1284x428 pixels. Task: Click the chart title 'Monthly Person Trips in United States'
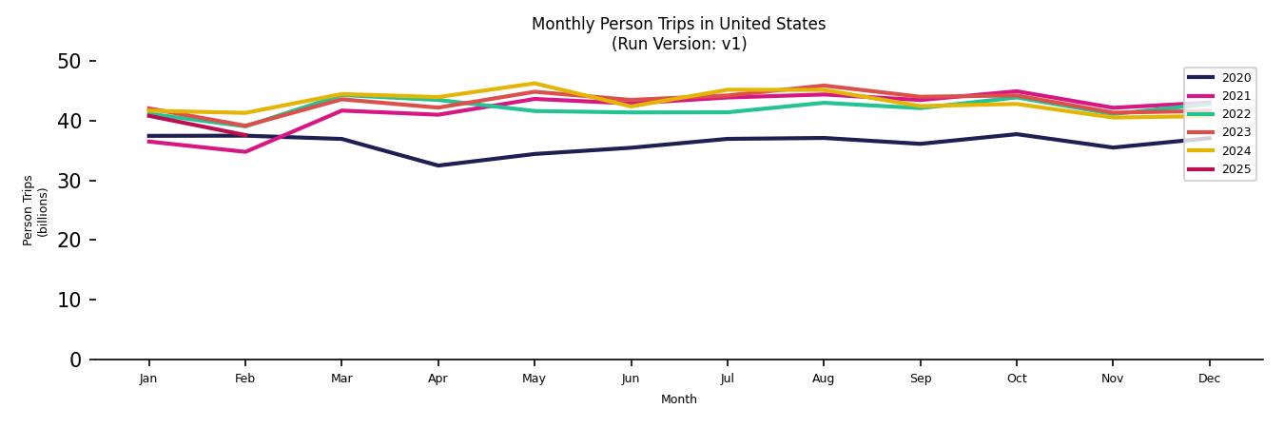click(x=678, y=24)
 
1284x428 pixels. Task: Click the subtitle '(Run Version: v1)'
click(x=678, y=44)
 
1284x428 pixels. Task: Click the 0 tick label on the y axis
click(x=76, y=360)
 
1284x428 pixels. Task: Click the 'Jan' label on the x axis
click(x=148, y=379)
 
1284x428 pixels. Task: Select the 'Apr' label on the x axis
click(x=438, y=379)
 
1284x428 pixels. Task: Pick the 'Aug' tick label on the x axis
click(x=823, y=379)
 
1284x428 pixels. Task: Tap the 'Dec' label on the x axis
click(x=1209, y=379)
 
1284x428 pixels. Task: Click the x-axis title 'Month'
click(x=678, y=399)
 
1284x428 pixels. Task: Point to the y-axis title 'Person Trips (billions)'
click(x=35, y=210)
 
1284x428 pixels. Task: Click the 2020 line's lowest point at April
click(x=438, y=165)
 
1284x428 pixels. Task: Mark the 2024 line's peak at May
click(x=535, y=84)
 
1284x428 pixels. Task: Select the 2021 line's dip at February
click(x=245, y=151)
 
